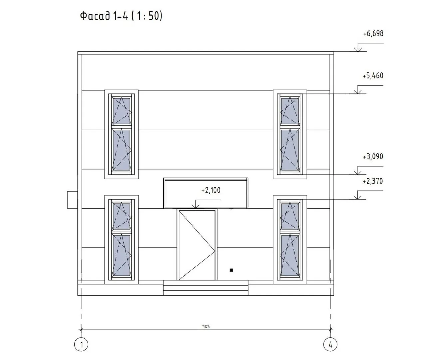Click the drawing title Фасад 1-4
104,16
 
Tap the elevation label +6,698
373,34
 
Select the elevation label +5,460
373,76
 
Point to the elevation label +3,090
373,156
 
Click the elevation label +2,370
373,181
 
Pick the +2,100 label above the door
211,190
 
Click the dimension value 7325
206,326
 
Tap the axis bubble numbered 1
81,344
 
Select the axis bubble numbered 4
330,344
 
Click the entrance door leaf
197,245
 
